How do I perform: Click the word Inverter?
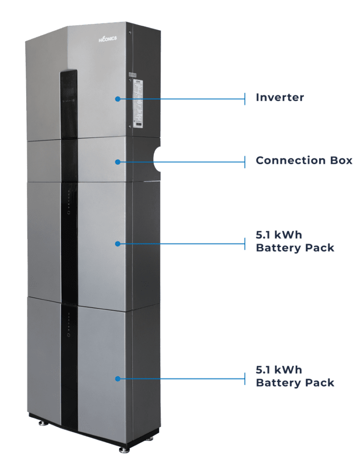279,98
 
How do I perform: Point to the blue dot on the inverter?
118,99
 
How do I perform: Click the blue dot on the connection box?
118,162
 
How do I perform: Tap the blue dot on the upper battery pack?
118,244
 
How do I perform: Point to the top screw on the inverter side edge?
130,33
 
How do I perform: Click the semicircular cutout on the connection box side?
157,160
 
